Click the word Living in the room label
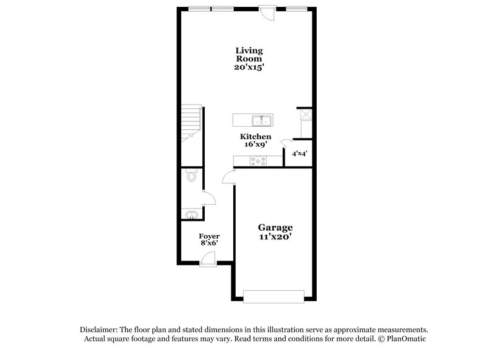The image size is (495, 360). coord(248,50)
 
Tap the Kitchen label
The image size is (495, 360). coord(256,136)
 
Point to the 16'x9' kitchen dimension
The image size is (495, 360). coord(256,144)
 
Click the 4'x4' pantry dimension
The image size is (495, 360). coord(299,152)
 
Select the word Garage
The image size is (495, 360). coord(275,227)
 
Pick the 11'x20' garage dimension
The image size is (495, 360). coord(275,236)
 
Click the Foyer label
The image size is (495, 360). coord(209,236)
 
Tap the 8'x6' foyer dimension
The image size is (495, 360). coord(209,244)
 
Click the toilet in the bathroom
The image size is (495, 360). coord(191,178)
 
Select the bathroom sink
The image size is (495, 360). coord(191,215)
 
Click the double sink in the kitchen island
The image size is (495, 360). coord(260,120)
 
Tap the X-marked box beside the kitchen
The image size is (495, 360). coord(305,114)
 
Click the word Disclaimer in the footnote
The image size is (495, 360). coord(100,330)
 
